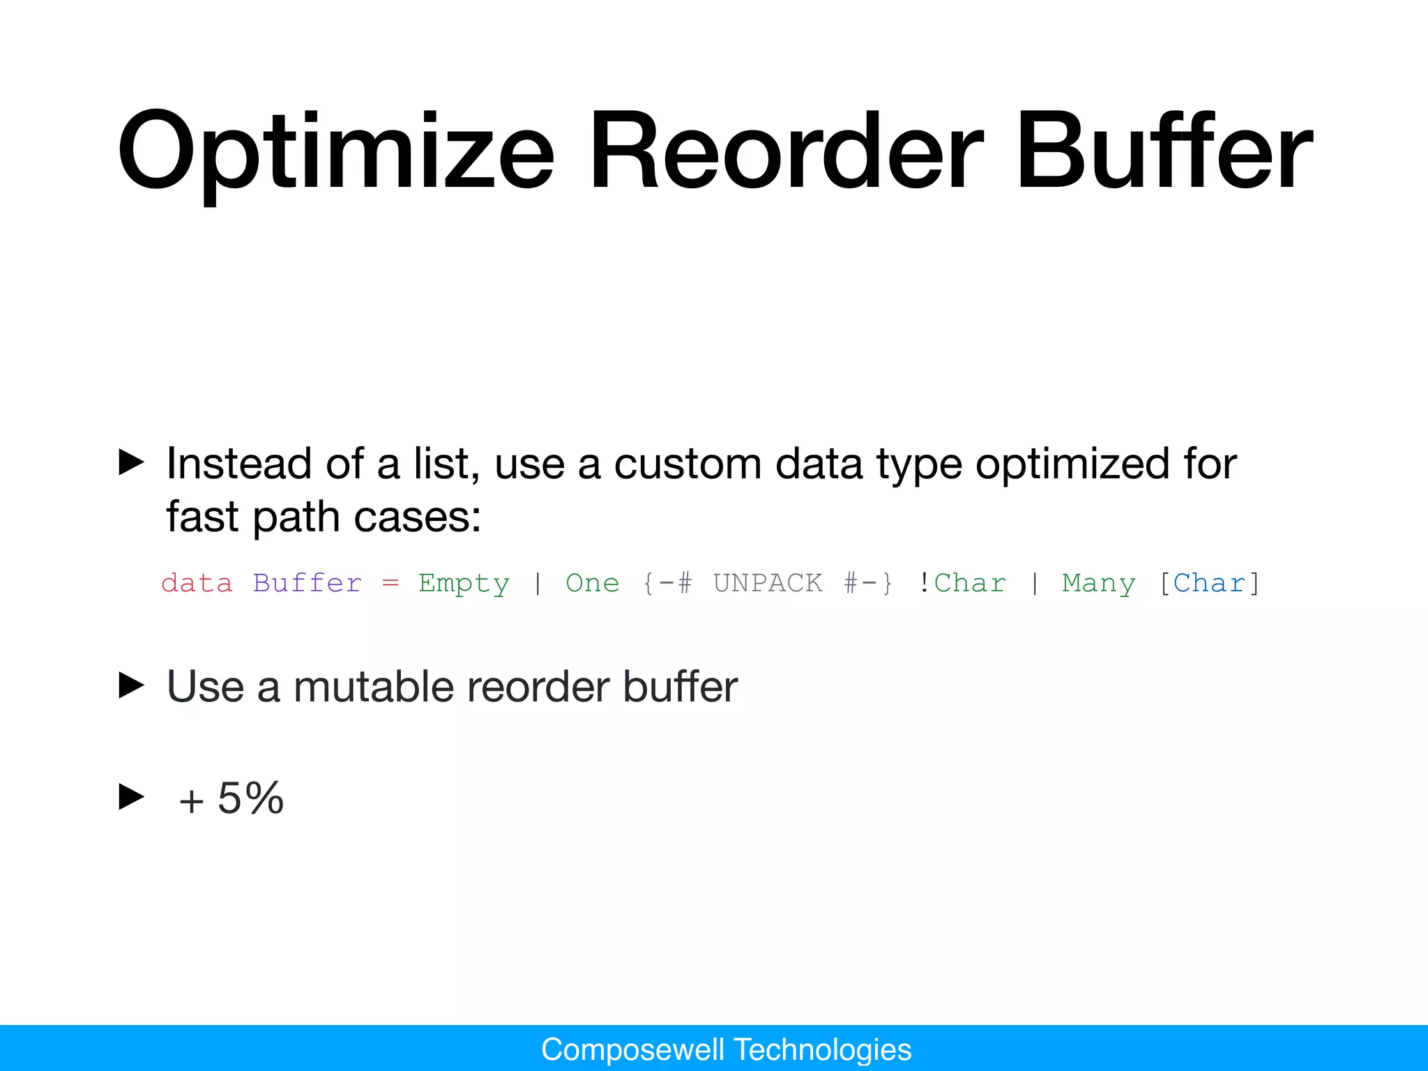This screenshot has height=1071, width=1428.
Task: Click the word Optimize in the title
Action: click(x=335, y=152)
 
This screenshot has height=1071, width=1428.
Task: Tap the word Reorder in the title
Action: click(x=786, y=152)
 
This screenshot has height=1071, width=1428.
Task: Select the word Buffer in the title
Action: click(x=1163, y=152)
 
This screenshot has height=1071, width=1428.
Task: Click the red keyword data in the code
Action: click(x=197, y=583)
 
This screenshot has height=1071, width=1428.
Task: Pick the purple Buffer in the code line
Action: click(x=307, y=583)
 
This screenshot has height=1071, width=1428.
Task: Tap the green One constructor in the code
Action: click(x=592, y=583)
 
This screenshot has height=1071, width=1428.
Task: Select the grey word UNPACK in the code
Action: click(x=768, y=583)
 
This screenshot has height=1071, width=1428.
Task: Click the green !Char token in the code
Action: click(x=962, y=583)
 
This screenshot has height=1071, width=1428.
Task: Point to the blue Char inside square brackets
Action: click(x=1209, y=583)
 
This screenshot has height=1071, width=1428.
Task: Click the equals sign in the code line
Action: click(x=390, y=583)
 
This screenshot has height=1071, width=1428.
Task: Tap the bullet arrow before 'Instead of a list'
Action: click(x=131, y=462)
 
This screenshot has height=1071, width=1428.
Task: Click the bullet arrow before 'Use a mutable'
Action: click(x=131, y=685)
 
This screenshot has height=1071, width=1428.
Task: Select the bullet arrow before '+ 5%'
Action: click(x=131, y=797)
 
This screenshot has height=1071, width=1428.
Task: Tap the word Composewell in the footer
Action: click(x=632, y=1049)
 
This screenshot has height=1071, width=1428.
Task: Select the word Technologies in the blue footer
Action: click(x=823, y=1049)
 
